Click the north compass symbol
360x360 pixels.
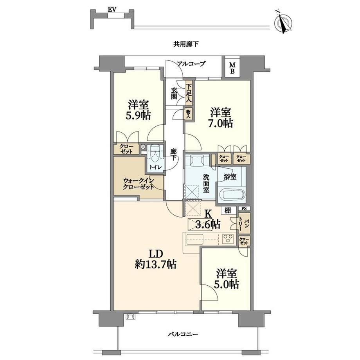pyautogui.click(x=283, y=23)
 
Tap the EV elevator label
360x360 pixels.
pyautogui.click(x=112, y=9)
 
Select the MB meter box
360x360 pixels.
pyautogui.click(x=232, y=68)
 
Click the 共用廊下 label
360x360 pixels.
pyautogui.click(x=186, y=44)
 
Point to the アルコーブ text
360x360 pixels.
pyautogui.click(x=191, y=64)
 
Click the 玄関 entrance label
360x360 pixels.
pyautogui.click(x=174, y=94)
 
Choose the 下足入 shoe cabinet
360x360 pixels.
pyautogui.click(x=189, y=93)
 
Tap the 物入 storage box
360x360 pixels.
pyautogui.click(x=189, y=114)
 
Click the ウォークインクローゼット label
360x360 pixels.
pyautogui.click(x=139, y=184)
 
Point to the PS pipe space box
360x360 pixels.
pyautogui.click(x=244, y=209)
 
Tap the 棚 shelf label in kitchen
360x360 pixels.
pyautogui.click(x=227, y=210)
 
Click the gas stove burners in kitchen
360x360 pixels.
pyautogui.click(x=228, y=238)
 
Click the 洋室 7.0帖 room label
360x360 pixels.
pyautogui.click(x=221, y=118)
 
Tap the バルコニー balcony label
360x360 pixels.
pyautogui.click(x=182, y=334)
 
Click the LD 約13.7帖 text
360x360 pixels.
pyautogui.click(x=156, y=259)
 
